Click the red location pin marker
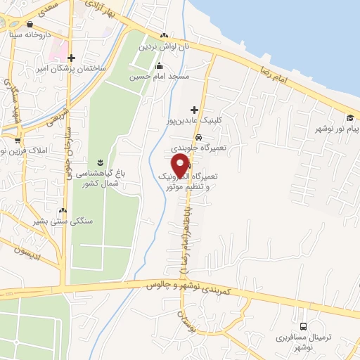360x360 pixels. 181,165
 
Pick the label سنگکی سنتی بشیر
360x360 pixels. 58,221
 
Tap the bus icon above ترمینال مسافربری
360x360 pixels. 304,326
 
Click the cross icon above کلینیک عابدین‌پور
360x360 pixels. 195,109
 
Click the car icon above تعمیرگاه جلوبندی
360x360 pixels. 199,138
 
